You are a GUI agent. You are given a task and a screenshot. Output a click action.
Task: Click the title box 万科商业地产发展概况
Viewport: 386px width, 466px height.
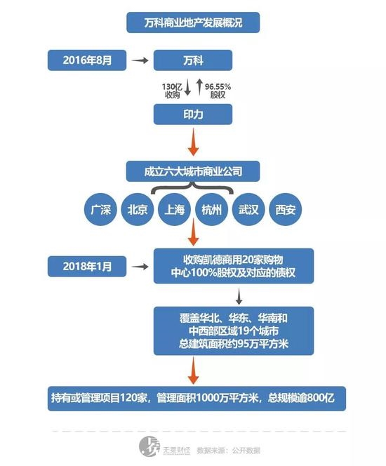click(x=192, y=22)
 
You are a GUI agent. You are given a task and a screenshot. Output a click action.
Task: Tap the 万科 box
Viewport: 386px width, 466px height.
click(x=192, y=60)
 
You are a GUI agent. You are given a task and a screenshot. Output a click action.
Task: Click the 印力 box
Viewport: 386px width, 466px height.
click(x=192, y=114)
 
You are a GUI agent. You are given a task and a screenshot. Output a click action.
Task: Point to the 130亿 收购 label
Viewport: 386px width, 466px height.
click(x=173, y=88)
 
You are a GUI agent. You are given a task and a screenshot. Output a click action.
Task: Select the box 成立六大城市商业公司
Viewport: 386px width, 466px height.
click(x=192, y=171)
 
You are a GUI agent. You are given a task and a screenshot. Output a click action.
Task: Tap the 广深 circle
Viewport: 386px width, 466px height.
click(x=100, y=210)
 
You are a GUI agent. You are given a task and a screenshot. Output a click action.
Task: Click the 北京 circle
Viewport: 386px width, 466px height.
click(x=137, y=210)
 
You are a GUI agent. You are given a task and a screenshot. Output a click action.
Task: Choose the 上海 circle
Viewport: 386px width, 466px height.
click(x=175, y=210)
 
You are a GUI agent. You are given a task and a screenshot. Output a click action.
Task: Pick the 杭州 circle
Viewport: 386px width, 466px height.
click(x=212, y=210)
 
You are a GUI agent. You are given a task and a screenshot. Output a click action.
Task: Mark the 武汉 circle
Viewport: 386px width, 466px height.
click(x=249, y=210)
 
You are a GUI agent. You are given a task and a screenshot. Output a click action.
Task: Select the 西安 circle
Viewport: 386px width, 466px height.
click(x=286, y=210)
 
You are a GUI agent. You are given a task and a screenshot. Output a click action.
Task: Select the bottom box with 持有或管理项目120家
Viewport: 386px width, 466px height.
click(x=192, y=398)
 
